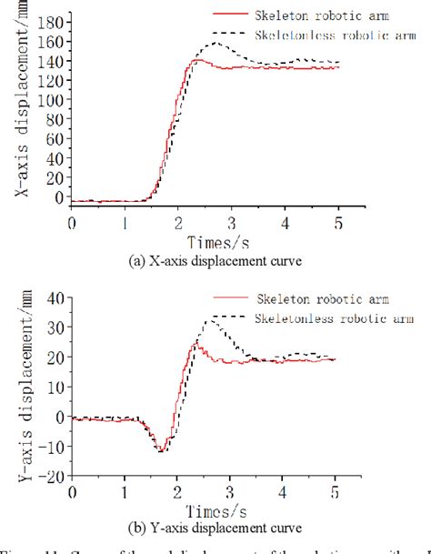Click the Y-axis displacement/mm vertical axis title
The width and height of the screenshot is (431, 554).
point(20,385)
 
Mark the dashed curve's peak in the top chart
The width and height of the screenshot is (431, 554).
point(215,42)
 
